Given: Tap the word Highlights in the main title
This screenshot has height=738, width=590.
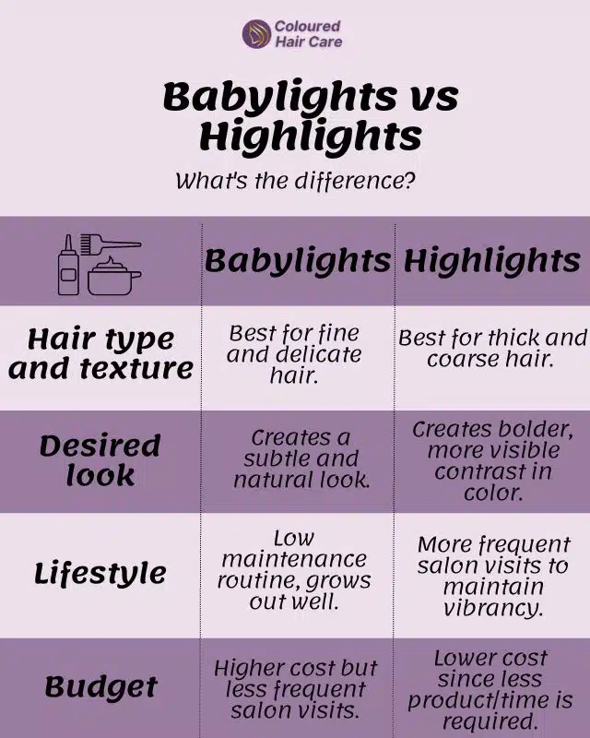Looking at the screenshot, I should point(311,137).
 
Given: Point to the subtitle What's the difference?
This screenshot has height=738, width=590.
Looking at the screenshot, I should point(295,180).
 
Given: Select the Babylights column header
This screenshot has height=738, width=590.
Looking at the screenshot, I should point(297,261).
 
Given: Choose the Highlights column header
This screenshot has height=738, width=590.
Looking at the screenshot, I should point(491,261).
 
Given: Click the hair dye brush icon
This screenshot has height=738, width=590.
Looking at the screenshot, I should point(109,247).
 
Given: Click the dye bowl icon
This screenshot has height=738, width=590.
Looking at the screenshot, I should point(114,277).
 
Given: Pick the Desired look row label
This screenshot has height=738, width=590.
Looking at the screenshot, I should point(99,459).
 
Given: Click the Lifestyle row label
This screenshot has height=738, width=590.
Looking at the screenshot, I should point(100,573).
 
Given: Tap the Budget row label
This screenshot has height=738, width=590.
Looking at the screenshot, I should point(100,686).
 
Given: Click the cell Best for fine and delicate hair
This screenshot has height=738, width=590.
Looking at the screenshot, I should point(294,353).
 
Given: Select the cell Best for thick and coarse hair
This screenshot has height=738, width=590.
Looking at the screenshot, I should point(491,348).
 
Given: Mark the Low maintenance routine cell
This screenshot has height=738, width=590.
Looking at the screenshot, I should point(294,571).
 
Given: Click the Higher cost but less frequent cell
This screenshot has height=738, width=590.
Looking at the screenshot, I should point(295,688).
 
